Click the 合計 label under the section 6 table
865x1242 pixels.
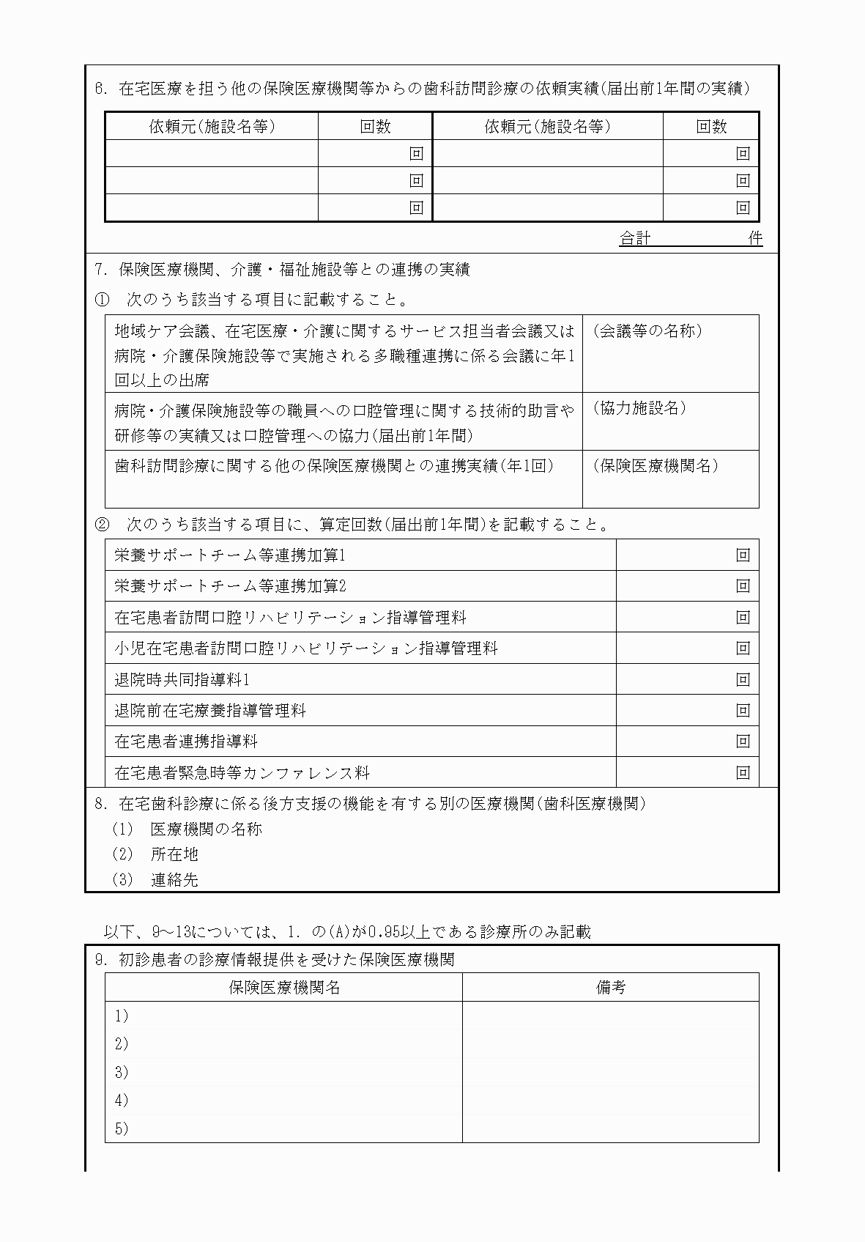634,238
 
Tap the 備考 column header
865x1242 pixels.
610,987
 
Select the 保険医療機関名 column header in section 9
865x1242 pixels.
284,987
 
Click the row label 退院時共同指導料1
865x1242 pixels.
182,679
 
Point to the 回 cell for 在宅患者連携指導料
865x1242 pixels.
743,741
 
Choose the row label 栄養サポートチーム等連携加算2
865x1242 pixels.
230,586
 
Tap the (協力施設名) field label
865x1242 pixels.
639,408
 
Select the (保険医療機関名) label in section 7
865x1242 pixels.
655,465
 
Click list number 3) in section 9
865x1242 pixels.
122,1072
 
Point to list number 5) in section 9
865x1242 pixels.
122,1128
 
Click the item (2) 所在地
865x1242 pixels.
155,854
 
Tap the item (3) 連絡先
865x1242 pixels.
155,880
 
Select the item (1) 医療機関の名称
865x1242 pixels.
188,829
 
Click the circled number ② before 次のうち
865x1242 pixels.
103,525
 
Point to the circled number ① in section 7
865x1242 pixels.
103,299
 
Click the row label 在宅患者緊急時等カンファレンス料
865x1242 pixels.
242,772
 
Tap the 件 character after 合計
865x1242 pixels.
755,238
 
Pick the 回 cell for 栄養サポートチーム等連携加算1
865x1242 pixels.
743,555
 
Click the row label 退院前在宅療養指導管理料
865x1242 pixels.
210,710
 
